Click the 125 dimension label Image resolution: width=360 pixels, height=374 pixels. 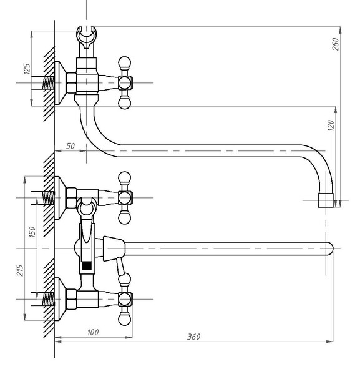tap(27, 69)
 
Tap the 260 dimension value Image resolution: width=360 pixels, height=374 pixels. tap(336, 44)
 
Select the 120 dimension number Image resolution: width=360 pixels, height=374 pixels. tap(331, 125)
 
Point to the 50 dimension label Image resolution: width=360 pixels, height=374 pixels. tap(71, 146)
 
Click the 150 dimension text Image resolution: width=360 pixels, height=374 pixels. tap(32, 232)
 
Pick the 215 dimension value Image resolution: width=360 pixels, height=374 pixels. tap(20, 270)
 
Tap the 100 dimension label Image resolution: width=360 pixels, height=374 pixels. tap(93, 332)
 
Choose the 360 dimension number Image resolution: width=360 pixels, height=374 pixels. tap(193, 337)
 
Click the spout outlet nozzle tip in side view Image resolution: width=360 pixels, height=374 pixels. tap(326, 200)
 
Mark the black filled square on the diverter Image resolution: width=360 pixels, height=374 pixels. tap(87, 265)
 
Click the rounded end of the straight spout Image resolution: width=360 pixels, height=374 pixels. tap(329, 249)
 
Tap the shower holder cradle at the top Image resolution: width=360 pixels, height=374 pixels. tap(86, 37)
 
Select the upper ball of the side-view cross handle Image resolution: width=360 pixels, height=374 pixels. tap(124, 62)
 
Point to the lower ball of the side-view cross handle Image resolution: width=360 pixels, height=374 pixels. tap(124, 103)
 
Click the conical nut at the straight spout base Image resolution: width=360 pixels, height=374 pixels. tap(114, 249)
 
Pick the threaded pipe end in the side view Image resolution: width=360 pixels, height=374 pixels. tap(48, 83)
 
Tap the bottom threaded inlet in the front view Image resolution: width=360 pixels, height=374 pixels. tap(48, 299)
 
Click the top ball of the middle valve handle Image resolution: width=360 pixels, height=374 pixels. tap(124, 178)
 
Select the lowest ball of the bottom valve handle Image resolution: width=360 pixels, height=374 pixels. tap(124, 319)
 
